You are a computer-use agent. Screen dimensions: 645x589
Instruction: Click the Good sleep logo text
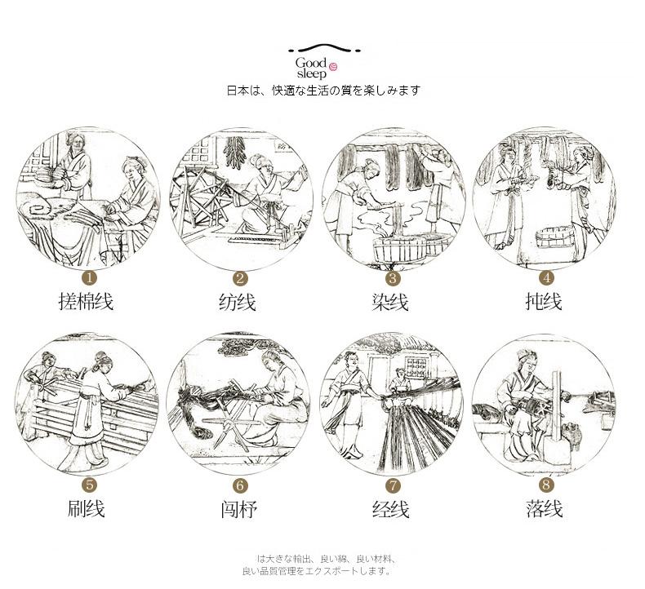pyautogui.click(x=311, y=67)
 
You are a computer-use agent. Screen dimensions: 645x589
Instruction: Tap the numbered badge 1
pyautogui.click(x=87, y=279)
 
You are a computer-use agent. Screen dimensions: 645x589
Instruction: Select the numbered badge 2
pyautogui.click(x=238, y=279)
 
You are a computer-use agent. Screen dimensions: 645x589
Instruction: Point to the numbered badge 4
pyautogui.click(x=545, y=278)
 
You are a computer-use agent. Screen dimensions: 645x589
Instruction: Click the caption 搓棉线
pyautogui.click(x=87, y=302)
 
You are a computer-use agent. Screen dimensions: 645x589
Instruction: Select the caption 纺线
pyautogui.click(x=238, y=302)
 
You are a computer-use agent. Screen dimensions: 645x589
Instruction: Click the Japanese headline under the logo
pyautogui.click(x=322, y=91)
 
